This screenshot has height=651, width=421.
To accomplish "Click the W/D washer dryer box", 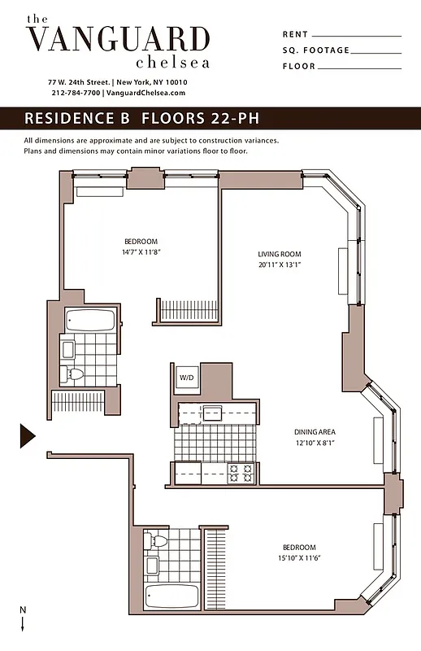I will pyautogui.click(x=186, y=378).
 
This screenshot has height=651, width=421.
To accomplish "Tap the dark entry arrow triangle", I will pyautogui.click(x=27, y=435).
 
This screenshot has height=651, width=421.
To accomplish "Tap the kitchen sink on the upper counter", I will pyautogui.click(x=214, y=413).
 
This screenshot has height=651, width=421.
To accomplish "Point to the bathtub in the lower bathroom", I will pyautogui.click(x=171, y=596).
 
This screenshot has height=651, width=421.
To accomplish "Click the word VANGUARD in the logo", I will pyautogui.click(x=118, y=39).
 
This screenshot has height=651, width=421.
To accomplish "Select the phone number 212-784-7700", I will pyautogui.click(x=75, y=93).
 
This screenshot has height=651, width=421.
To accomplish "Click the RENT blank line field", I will pyautogui.click(x=356, y=35).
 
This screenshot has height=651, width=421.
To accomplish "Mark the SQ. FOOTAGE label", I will pyautogui.click(x=315, y=50).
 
